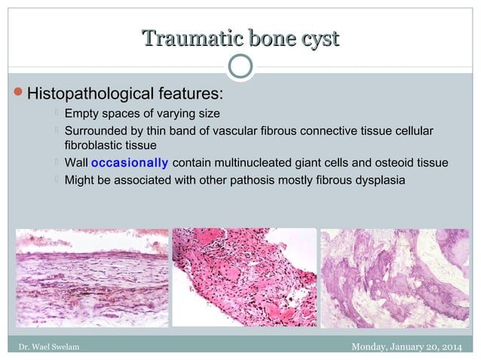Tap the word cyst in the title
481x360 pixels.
(316, 38)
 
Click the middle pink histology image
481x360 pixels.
(244, 276)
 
